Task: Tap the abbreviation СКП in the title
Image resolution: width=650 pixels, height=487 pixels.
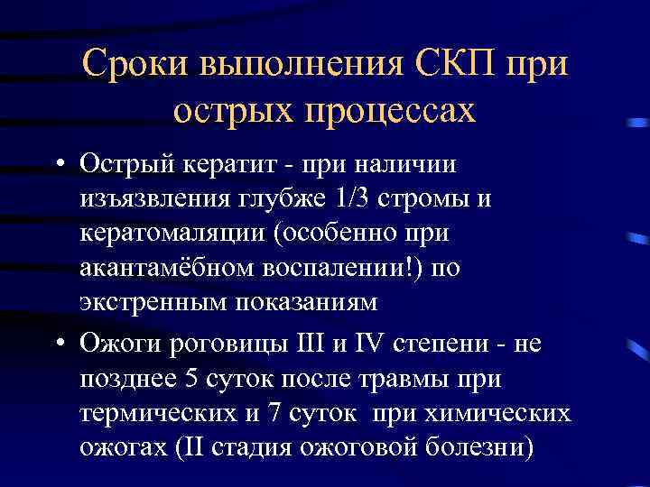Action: pyautogui.click(x=459, y=65)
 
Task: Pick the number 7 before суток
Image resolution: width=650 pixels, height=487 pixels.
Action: pyautogui.click(x=275, y=413)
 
